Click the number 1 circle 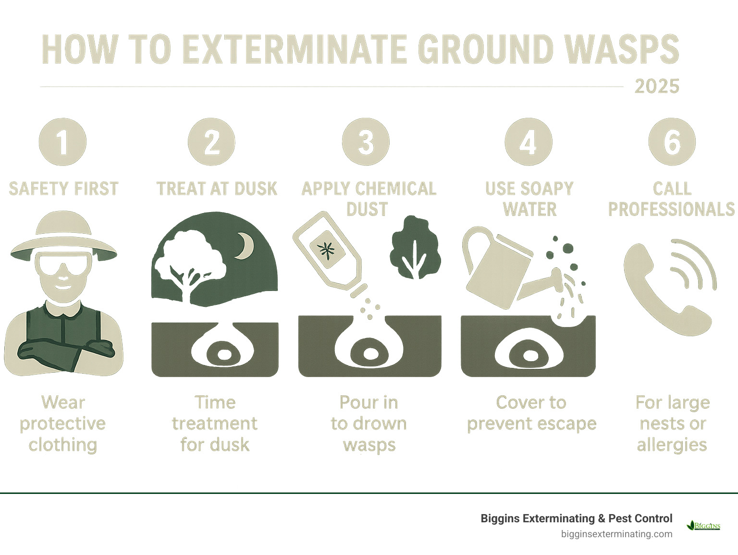(x=62, y=142)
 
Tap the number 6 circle (x=672, y=142)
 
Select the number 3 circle (x=366, y=142)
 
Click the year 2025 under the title (x=656, y=87)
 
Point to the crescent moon (x=246, y=245)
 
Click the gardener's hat (x=63, y=236)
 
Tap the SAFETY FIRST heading (x=63, y=189)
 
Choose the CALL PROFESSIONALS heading (x=672, y=199)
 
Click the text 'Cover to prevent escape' (x=531, y=413)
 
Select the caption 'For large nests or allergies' (x=672, y=423)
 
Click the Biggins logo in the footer (x=703, y=526)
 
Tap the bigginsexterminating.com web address (x=616, y=534)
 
